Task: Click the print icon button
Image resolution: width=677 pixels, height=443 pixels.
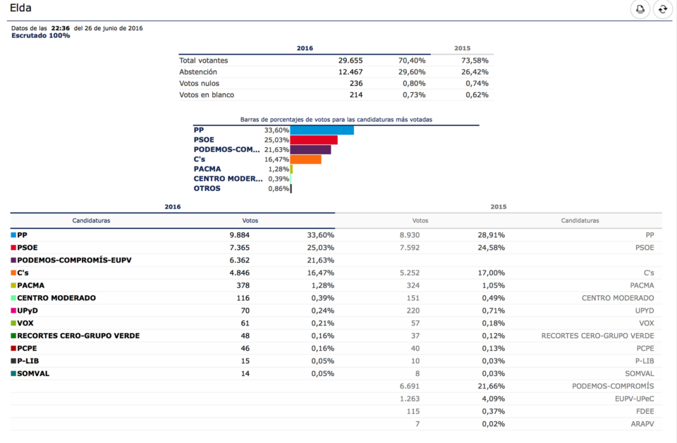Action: tap(640, 9)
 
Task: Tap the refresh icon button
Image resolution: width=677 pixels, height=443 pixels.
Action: tap(662, 9)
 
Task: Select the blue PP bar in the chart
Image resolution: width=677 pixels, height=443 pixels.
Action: tap(322, 130)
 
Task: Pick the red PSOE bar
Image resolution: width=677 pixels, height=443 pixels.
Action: tap(314, 140)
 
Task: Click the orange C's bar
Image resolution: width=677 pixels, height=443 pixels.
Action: tap(305, 159)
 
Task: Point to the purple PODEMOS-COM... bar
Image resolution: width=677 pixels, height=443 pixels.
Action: tap(310, 149)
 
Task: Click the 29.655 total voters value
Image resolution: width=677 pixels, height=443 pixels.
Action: tap(350, 61)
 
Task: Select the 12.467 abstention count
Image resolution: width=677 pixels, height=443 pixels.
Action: tap(350, 72)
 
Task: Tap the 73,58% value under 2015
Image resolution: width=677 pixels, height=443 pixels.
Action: tap(474, 61)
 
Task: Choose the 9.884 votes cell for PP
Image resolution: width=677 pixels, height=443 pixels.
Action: tap(239, 235)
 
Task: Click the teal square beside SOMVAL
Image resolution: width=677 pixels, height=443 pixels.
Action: tap(13, 374)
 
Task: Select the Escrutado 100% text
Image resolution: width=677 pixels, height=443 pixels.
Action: tap(40, 35)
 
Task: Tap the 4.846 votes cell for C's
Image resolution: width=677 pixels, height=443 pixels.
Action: tap(239, 273)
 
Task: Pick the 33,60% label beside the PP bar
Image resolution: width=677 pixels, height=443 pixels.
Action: tap(276, 130)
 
